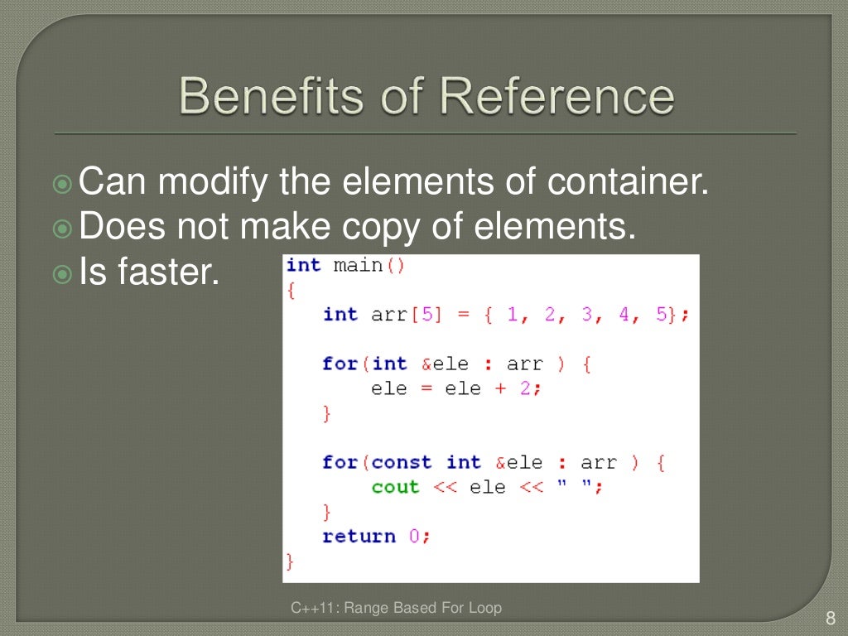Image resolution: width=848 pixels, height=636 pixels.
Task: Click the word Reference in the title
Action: click(556, 96)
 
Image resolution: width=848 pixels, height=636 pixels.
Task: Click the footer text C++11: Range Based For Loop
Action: click(396, 609)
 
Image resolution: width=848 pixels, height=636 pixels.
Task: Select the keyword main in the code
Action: click(358, 265)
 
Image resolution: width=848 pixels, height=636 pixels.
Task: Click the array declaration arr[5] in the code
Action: click(401, 315)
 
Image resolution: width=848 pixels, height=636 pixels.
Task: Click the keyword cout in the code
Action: click(395, 487)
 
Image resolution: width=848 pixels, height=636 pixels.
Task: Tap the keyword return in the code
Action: click(359, 536)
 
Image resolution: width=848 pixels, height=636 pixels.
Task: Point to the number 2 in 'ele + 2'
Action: click(524, 388)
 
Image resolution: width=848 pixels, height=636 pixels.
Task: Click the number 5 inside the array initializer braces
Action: click(662, 315)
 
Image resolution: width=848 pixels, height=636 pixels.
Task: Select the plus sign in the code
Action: click(499, 388)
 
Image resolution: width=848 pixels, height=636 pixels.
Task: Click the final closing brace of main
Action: click(290, 561)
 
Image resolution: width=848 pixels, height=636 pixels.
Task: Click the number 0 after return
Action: click(414, 536)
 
